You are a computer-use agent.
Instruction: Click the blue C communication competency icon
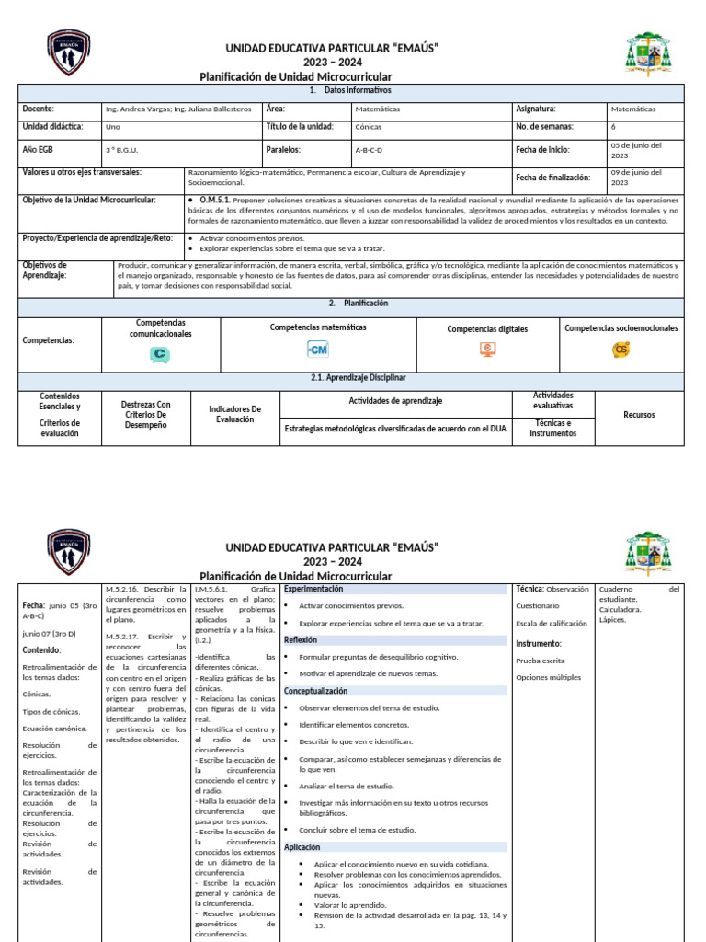point(160,354)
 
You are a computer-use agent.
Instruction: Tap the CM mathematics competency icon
point(317,350)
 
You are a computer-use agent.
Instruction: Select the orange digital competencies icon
point(487,350)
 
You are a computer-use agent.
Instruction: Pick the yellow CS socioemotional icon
point(621,349)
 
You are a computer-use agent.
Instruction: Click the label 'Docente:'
point(39,109)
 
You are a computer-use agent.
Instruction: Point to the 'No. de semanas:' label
point(545,126)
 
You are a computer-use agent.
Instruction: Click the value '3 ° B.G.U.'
point(122,150)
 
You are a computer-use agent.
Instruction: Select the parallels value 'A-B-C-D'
point(370,150)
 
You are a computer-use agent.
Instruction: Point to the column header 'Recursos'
point(639,415)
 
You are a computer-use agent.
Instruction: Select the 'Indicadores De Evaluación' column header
point(235,414)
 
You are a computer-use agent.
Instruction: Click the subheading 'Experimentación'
point(313,588)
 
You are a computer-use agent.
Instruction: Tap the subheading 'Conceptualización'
point(315,690)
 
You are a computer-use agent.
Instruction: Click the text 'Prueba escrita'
point(541,661)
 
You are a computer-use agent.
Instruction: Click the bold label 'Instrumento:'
point(539,643)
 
